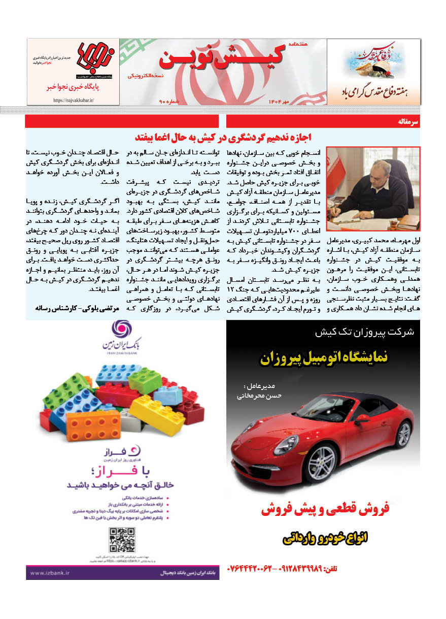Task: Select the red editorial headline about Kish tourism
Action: [223, 137]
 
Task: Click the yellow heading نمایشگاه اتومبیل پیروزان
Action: [324, 358]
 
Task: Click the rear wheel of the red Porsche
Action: [403, 433]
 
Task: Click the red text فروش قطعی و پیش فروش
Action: [325, 509]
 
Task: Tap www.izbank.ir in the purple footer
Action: [51, 573]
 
